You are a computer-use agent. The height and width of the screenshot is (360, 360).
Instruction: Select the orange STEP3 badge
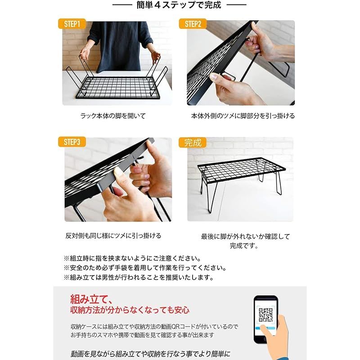[x=72, y=142]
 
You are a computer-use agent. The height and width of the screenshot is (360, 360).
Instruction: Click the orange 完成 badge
[x=193, y=143]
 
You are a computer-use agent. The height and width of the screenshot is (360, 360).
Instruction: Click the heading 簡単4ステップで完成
[x=179, y=5]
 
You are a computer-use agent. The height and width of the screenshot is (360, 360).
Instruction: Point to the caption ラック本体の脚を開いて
[x=113, y=116]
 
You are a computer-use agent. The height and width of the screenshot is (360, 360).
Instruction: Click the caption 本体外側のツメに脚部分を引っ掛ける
[x=243, y=116]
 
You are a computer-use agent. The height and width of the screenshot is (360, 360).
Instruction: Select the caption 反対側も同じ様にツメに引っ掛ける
[x=113, y=235]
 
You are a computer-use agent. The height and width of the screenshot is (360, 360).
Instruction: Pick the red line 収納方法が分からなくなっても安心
[x=130, y=310]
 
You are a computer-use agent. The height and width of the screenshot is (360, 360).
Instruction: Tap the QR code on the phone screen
[x=265, y=313]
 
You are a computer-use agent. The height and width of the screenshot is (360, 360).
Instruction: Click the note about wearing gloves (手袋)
[x=144, y=268]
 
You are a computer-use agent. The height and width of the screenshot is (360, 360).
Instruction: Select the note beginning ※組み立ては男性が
[x=139, y=278]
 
